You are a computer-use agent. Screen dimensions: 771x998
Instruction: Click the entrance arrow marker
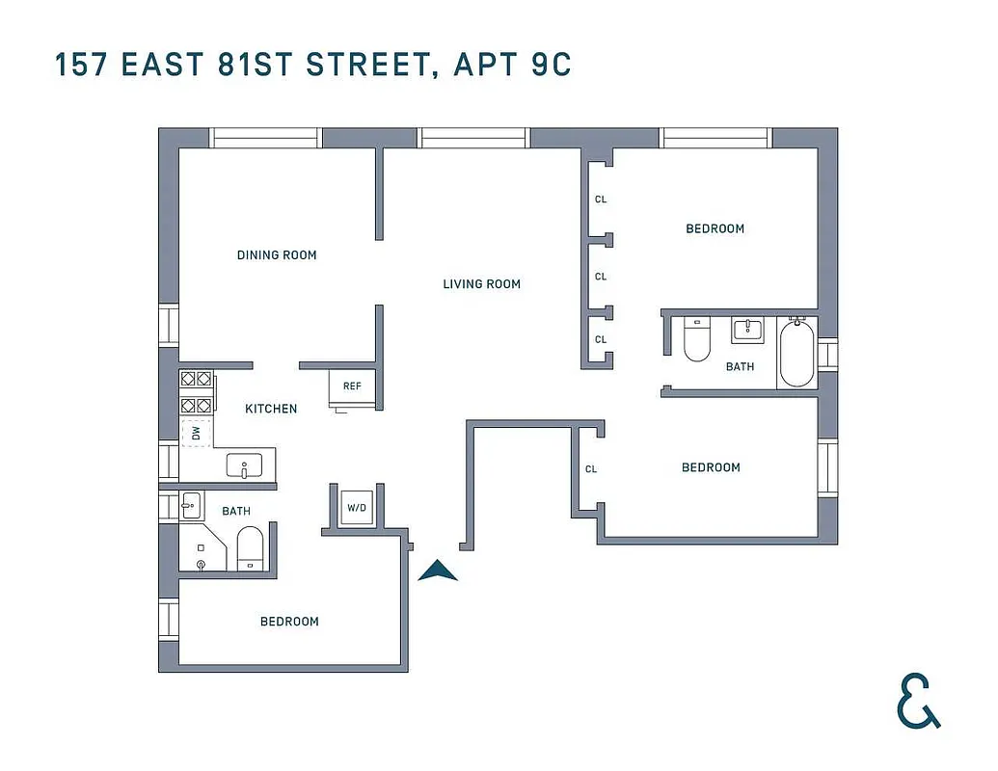click(438, 572)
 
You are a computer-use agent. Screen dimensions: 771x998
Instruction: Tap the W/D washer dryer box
click(356, 506)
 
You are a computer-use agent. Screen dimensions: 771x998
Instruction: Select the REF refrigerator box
click(352, 386)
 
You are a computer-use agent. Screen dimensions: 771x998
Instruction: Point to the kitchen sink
click(245, 466)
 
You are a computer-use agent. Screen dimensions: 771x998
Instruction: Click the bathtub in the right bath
click(796, 353)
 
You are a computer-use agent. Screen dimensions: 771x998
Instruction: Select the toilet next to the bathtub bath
click(696, 339)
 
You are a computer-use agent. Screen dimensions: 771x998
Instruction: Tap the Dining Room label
click(277, 255)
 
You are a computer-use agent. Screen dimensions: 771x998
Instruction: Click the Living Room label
click(481, 284)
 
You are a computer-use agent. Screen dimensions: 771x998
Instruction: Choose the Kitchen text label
click(271, 409)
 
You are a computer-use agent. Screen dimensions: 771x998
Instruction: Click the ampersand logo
click(917, 702)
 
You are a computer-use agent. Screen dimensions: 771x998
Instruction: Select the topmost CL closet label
click(601, 199)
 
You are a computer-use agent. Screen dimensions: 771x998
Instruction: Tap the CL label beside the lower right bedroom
click(591, 469)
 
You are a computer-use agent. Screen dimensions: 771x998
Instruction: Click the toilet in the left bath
click(250, 548)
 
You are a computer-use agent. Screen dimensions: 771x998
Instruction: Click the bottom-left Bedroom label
click(289, 622)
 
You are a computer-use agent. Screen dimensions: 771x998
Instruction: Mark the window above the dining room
click(265, 138)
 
